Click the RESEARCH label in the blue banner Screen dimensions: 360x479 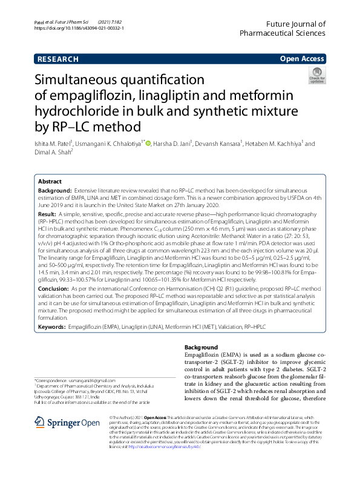pos(58,59)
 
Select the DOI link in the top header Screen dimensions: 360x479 pos(79,28)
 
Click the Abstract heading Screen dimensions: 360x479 pos(50,182)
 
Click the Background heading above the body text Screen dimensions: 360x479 pos(192,347)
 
